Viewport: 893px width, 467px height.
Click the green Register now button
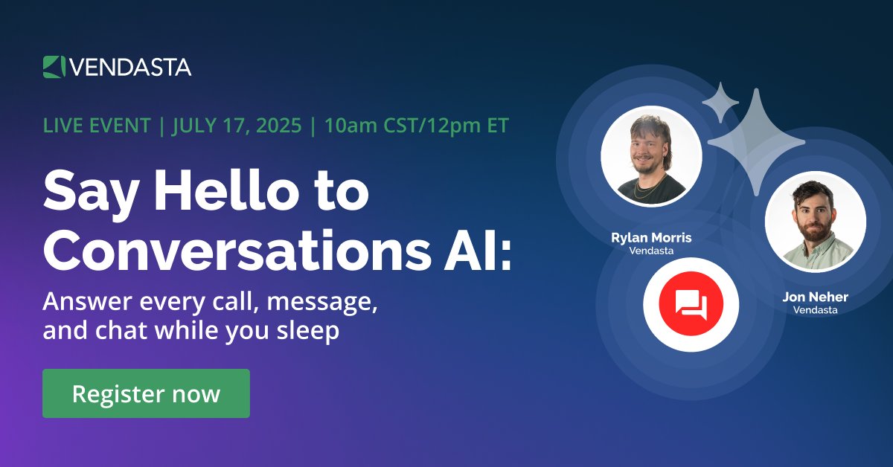click(146, 393)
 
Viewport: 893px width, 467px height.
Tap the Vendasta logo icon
click(54, 66)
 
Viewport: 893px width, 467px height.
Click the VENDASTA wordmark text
click(130, 67)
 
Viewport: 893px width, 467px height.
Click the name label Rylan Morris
click(651, 238)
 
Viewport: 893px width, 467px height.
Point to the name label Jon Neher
click(815, 297)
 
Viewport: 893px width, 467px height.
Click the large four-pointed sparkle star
click(756, 142)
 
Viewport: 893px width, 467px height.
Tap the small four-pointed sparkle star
click(720, 103)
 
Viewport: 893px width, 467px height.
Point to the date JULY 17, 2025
click(237, 126)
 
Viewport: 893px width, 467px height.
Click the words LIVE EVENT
click(97, 126)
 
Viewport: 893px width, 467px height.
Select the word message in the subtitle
click(324, 303)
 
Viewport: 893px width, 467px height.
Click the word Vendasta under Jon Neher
click(815, 310)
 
